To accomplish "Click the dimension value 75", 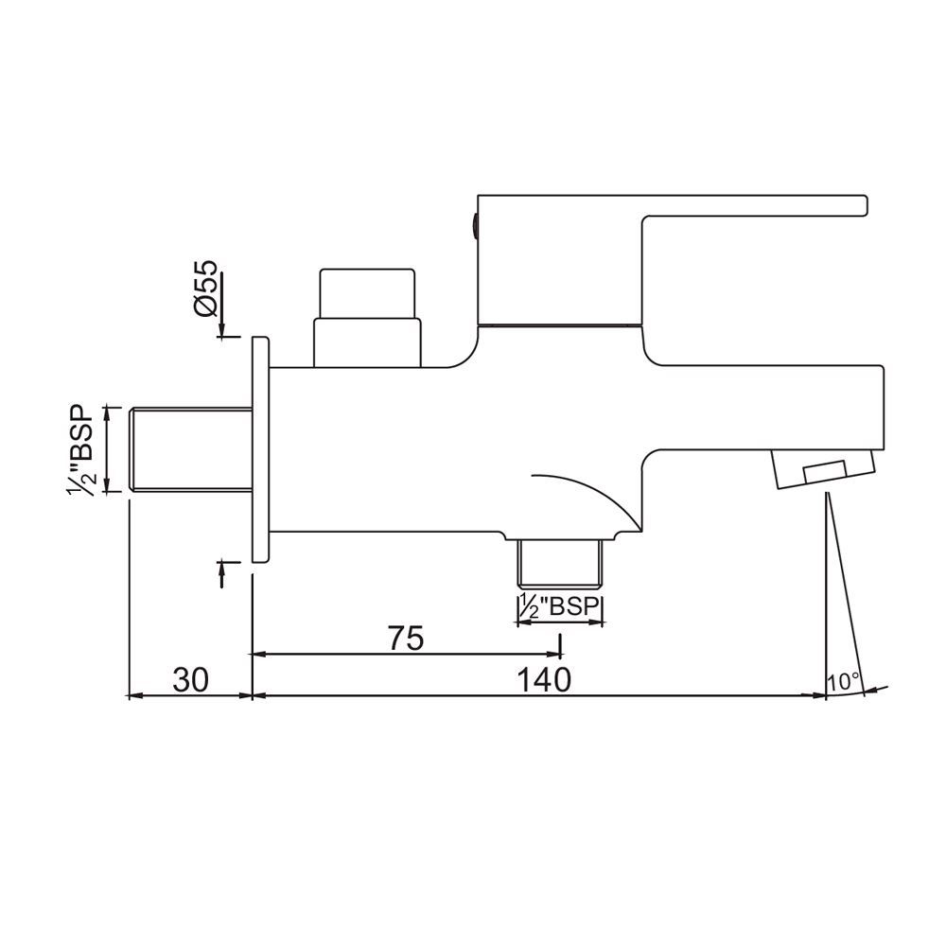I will [404, 639].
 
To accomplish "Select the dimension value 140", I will [545, 680].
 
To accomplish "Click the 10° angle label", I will [843, 680].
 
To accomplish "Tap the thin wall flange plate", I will [260, 449].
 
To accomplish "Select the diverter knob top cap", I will [367, 294].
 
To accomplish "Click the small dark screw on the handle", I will [473, 225].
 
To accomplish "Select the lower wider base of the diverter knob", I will [367, 343].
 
